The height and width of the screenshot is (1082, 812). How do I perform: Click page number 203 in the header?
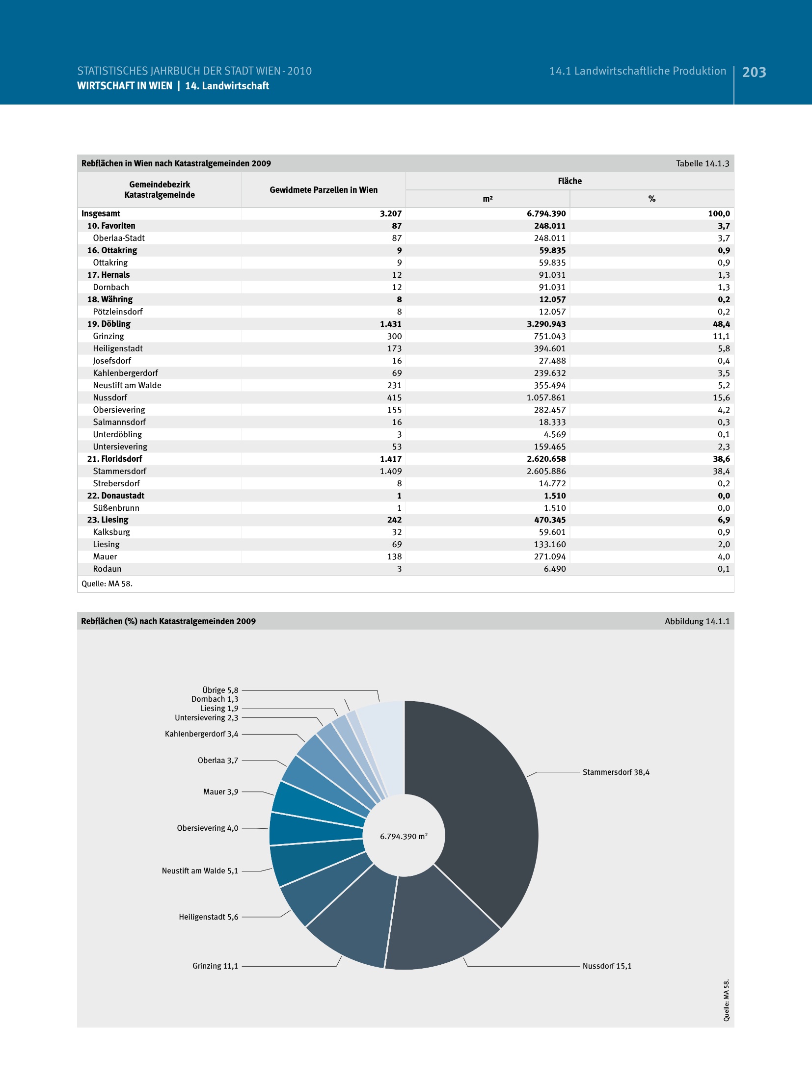(754, 72)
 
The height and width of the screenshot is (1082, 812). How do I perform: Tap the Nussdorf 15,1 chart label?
(607, 966)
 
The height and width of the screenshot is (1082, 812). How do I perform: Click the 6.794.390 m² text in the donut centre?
(404, 836)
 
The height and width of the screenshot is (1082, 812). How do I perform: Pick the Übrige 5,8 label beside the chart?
(220, 690)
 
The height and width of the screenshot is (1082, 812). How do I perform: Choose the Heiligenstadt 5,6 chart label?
(208, 917)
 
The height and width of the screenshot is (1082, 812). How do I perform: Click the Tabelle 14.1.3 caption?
(702, 163)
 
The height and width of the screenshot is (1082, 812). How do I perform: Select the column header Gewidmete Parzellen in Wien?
(324, 190)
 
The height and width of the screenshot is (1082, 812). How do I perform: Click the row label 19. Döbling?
(109, 324)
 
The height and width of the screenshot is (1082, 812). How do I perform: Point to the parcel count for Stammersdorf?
(390, 471)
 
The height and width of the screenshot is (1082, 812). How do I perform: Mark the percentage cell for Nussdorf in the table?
(721, 397)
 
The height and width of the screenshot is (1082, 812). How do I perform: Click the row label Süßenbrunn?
(116, 508)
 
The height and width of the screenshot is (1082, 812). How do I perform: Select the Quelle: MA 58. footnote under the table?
(107, 583)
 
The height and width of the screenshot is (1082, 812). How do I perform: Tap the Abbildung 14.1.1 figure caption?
(697, 621)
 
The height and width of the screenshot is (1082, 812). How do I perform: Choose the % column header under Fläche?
(651, 199)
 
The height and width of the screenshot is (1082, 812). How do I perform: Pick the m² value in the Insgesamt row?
(546, 213)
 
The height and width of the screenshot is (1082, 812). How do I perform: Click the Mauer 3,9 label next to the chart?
(220, 792)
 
